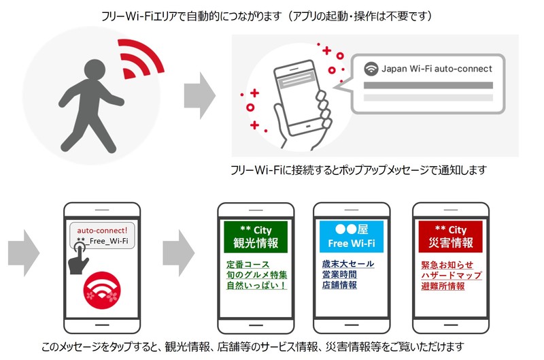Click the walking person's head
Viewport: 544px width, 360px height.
coord(95,70)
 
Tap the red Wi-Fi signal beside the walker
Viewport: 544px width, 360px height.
coord(139,59)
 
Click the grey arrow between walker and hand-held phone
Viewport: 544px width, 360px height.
coord(199,95)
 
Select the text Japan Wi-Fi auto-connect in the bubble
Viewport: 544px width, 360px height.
coord(437,69)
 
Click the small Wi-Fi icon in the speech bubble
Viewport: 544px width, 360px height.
coord(371,69)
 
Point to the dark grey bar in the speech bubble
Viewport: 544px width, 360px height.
coord(428,85)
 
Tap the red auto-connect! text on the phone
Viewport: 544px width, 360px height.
coord(102,230)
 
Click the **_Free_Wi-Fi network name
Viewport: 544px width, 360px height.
coord(103,241)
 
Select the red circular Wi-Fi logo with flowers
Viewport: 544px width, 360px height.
coord(102,290)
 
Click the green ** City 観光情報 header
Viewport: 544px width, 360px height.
coord(256,236)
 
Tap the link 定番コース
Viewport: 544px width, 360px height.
coord(248,265)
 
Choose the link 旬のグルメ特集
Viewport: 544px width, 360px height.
coord(257,275)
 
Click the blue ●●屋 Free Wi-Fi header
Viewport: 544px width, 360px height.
coord(352,236)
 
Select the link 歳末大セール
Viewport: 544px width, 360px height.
coord(348,264)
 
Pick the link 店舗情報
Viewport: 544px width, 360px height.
coord(339,285)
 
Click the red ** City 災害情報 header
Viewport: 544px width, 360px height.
coord(450,236)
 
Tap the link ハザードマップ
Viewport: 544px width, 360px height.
coord(452,276)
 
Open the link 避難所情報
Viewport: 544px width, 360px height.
coord(443,286)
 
